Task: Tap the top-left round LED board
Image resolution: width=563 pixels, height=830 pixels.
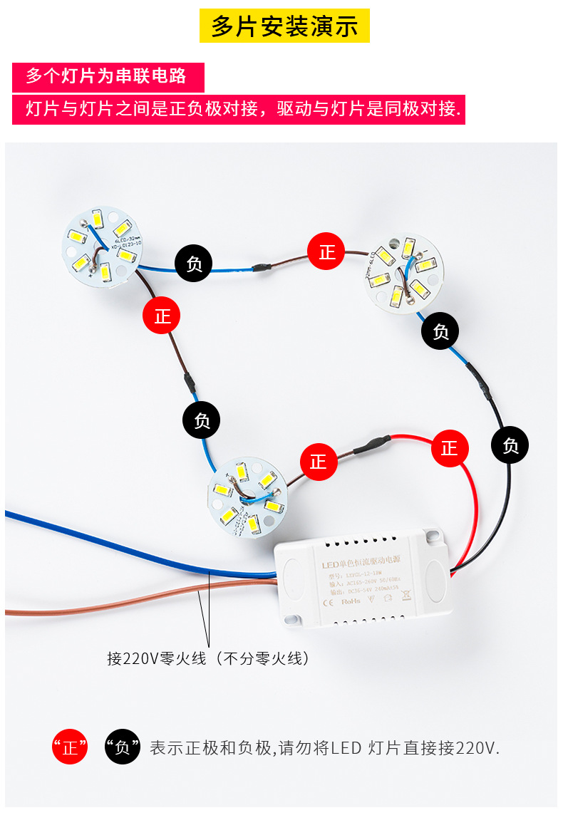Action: point(100,246)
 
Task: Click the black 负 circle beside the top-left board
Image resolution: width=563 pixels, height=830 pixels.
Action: point(194,264)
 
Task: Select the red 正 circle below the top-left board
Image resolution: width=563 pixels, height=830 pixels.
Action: point(162,316)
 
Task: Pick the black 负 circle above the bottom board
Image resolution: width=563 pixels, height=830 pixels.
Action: point(202,420)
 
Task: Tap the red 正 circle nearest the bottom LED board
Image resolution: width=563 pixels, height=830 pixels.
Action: point(318,462)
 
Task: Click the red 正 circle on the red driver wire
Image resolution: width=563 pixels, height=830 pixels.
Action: point(450,448)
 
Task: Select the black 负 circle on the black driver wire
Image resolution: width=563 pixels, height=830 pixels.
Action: point(510,446)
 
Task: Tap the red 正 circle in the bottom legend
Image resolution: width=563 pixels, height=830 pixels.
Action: point(70,747)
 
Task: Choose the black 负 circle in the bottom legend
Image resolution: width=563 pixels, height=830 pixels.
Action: point(123,747)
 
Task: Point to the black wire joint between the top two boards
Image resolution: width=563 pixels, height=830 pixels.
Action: point(260,268)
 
